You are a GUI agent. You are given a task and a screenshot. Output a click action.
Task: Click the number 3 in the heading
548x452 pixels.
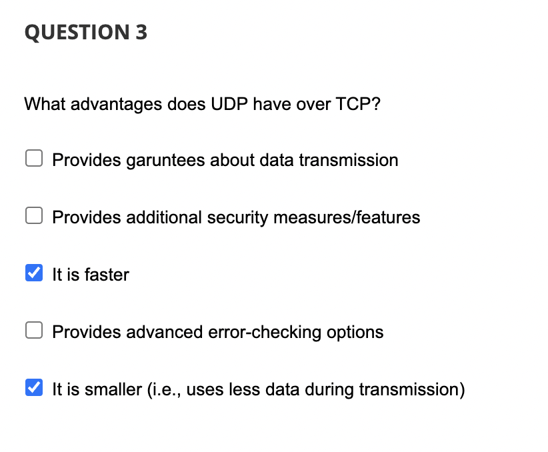pyautogui.click(x=141, y=32)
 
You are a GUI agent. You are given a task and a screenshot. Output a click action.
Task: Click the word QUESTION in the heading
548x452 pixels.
pyautogui.click(x=77, y=33)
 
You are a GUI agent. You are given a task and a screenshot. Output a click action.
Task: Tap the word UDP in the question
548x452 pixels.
pyautogui.click(x=229, y=104)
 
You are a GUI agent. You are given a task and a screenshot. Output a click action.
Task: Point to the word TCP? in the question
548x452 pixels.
pyautogui.click(x=358, y=104)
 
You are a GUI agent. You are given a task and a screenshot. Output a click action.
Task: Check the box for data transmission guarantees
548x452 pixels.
pyautogui.click(x=34, y=159)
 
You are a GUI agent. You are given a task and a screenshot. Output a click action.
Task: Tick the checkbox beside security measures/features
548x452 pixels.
pyautogui.click(x=34, y=215)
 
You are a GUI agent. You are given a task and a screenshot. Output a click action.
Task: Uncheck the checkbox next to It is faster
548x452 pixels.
pyautogui.click(x=34, y=273)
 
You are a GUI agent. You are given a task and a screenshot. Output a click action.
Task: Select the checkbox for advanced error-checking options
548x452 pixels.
pyautogui.click(x=34, y=330)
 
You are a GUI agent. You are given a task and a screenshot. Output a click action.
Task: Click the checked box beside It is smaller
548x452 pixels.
pyautogui.click(x=34, y=387)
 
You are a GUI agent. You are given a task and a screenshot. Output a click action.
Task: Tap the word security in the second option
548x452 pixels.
pyautogui.click(x=237, y=218)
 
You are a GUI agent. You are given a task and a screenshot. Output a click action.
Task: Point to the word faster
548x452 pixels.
pyautogui.click(x=107, y=275)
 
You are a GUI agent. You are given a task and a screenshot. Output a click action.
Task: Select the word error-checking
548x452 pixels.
pyautogui.click(x=265, y=333)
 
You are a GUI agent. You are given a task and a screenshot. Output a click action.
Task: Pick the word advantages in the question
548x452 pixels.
pyautogui.click(x=117, y=105)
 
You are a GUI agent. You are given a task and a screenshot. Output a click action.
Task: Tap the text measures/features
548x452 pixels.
pyautogui.click(x=347, y=217)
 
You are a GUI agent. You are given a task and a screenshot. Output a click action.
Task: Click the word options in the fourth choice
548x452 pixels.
pyautogui.click(x=355, y=333)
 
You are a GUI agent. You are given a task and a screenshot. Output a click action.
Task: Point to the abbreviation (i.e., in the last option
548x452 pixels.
pyautogui.click(x=164, y=390)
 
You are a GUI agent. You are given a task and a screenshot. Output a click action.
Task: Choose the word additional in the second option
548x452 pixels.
pyautogui.click(x=164, y=217)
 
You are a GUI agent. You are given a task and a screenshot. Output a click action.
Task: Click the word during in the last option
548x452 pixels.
pyautogui.click(x=329, y=390)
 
